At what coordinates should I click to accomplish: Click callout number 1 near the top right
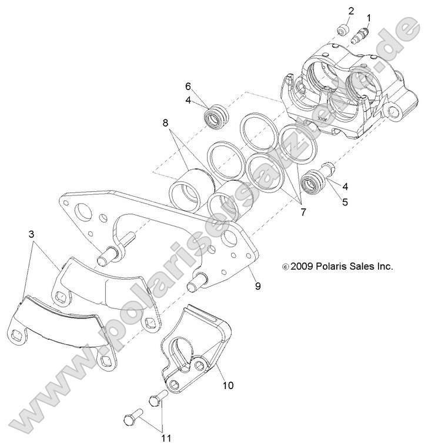click(x=369, y=18)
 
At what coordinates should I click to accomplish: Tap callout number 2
click(x=351, y=11)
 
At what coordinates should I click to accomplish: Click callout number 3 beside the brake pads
click(x=31, y=234)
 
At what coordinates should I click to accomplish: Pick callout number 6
click(x=188, y=85)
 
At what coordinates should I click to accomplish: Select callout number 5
click(x=345, y=201)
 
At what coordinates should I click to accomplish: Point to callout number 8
click(x=165, y=123)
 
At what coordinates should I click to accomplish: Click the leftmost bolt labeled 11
click(x=132, y=420)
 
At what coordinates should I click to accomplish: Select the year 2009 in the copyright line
click(x=301, y=266)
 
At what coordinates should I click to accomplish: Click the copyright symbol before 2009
click(x=286, y=267)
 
